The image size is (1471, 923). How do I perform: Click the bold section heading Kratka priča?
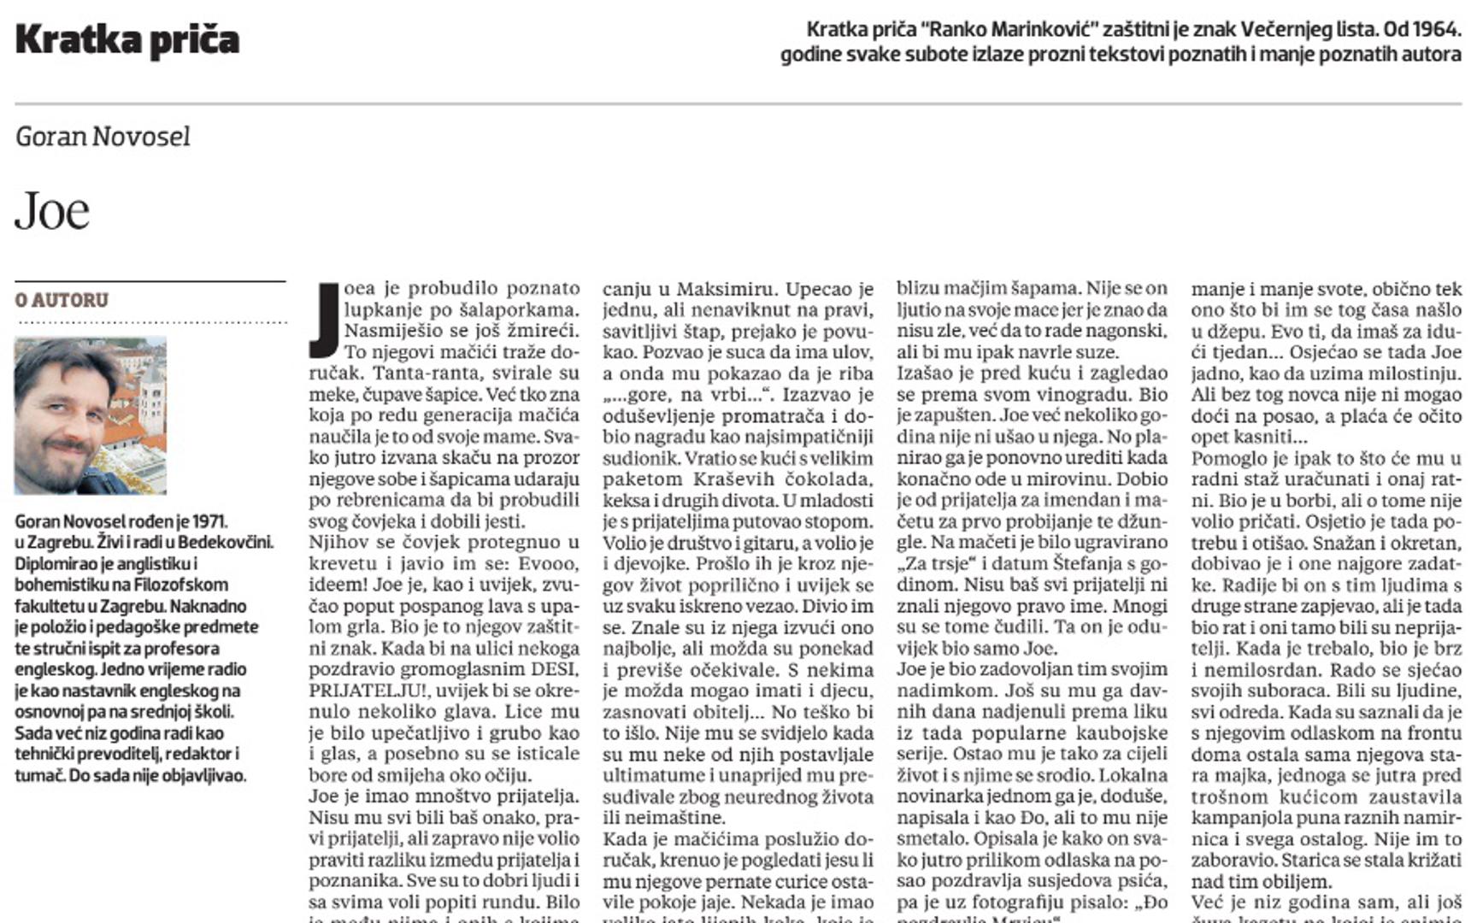point(127,40)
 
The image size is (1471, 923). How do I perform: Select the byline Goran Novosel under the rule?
point(103,137)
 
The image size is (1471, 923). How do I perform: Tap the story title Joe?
point(52,211)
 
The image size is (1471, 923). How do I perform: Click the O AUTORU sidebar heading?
point(62,300)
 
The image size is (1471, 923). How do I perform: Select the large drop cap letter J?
point(325,320)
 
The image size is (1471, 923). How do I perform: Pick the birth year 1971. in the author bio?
point(210,521)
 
